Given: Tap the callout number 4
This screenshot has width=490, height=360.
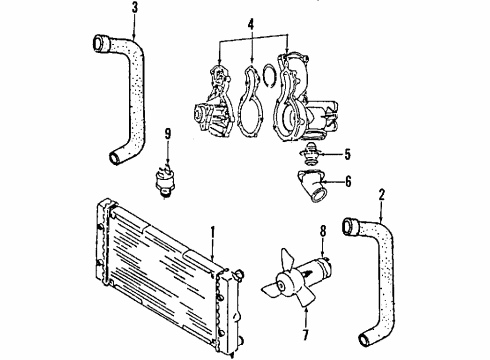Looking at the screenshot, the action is point(251,25).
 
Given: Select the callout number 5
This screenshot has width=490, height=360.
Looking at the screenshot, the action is point(347,154).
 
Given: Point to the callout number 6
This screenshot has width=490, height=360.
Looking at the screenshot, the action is point(348,181).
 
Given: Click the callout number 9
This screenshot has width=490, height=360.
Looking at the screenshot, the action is point(168,134).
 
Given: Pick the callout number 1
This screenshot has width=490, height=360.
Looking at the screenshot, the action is point(212,233).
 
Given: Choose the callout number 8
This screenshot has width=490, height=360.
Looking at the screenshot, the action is point(323,231).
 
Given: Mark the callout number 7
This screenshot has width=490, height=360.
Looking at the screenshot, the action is point(306,335).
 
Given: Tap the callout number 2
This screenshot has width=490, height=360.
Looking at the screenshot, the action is point(382,195).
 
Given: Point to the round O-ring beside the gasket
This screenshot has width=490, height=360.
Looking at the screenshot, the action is point(269,75).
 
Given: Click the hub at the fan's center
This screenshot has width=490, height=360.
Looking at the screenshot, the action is point(283,284).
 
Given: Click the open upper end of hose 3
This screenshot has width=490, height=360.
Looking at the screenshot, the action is point(98,43).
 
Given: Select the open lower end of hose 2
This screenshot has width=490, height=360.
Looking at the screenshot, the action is point(364,339).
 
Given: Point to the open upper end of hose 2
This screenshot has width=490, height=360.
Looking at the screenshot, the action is point(348,226).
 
